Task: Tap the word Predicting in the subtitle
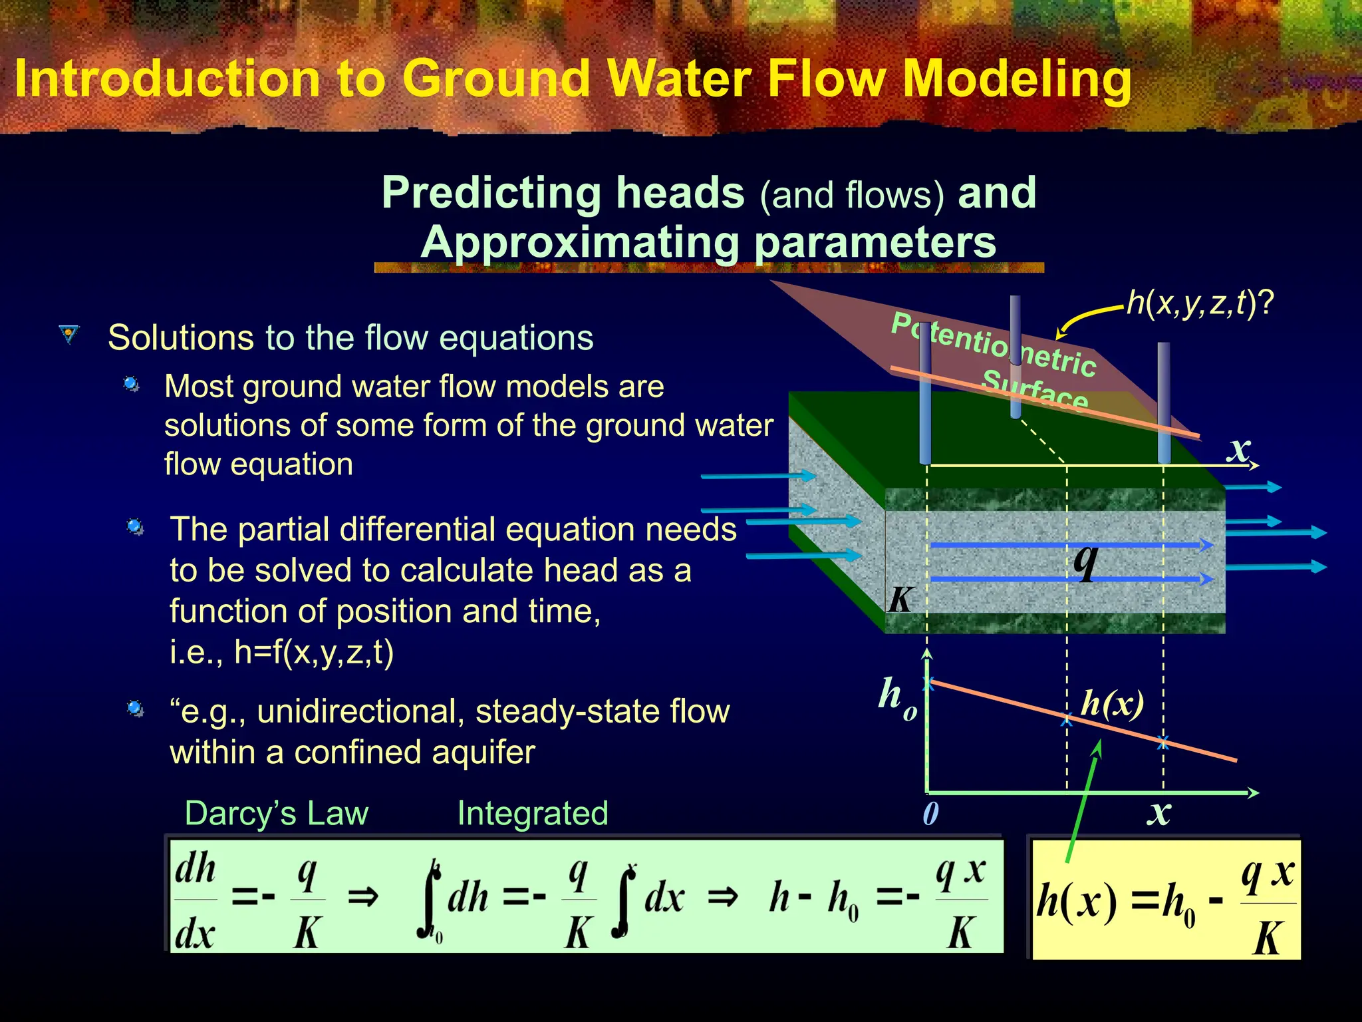coord(495,193)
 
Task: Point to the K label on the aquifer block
coord(900,599)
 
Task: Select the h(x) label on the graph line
coord(1112,703)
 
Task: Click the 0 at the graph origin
coord(930,813)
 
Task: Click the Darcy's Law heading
coord(276,813)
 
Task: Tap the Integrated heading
coord(533,813)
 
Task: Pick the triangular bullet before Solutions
coord(68,334)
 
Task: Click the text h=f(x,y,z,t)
coord(314,652)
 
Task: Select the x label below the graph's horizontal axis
coord(1158,812)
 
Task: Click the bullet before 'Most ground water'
coord(132,385)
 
